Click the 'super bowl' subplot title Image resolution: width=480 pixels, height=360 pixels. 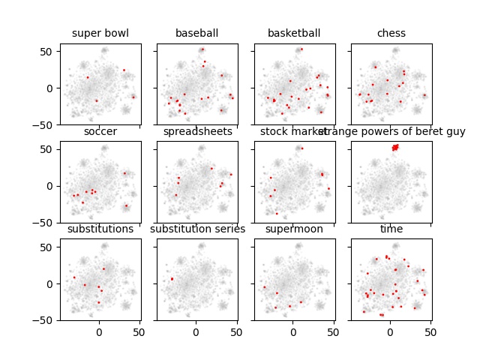100,33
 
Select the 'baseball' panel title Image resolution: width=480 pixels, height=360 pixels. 196,33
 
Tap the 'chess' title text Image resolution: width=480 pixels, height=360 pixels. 391,33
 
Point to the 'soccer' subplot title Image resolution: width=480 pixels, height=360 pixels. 100,132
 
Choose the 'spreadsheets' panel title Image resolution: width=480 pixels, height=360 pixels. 196,132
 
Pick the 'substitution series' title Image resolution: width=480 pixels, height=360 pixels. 197,229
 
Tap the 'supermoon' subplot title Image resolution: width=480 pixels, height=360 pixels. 293,229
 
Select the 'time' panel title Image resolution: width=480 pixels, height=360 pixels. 391,229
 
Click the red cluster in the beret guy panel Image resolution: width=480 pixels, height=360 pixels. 394,147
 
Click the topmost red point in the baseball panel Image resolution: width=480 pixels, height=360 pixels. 202,49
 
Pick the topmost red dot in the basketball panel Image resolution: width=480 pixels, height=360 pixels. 301,49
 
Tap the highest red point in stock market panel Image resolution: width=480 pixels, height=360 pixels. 301,148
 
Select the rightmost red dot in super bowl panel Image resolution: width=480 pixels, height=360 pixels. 133,97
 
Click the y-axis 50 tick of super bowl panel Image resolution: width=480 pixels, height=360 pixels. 49,51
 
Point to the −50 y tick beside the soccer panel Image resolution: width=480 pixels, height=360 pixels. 47,223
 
